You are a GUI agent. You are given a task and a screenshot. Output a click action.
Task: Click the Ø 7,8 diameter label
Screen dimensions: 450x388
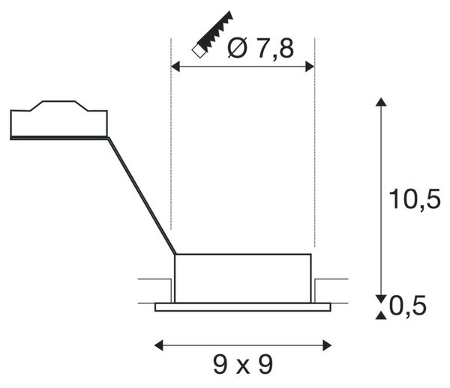click(260, 48)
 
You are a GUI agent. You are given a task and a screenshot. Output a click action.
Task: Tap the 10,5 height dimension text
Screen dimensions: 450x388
click(415, 199)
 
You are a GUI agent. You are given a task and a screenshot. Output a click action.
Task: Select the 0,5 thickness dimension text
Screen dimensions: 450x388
click(408, 306)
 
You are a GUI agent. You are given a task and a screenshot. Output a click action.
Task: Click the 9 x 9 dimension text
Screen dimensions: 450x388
click(243, 365)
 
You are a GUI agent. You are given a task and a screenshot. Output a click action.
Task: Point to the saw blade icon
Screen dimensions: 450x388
click(215, 31)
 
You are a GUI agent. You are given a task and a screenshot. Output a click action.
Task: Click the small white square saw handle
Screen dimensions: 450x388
click(199, 51)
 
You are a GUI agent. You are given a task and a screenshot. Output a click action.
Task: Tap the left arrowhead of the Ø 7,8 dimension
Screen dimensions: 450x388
click(175, 67)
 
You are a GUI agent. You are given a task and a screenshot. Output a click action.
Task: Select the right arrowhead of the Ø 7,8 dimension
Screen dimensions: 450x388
click(310, 67)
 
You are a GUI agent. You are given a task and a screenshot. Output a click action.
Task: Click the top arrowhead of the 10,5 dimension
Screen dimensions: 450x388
click(381, 102)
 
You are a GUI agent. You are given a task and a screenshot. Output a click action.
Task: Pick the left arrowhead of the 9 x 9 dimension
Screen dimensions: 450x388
click(159, 345)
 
